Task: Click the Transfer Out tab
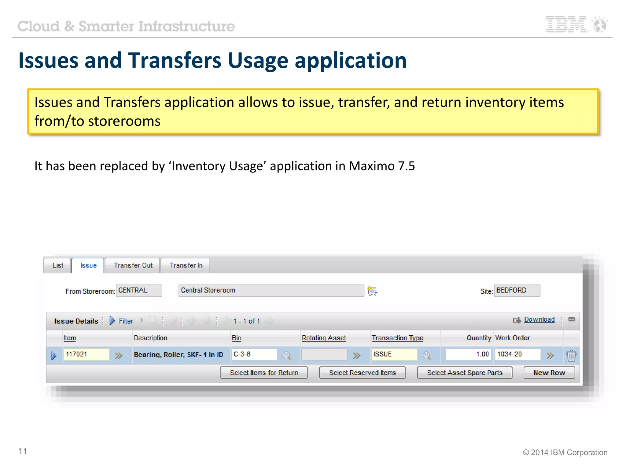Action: (x=133, y=265)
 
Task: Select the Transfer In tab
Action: (x=186, y=265)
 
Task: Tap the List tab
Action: (x=58, y=265)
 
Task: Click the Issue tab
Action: (x=88, y=265)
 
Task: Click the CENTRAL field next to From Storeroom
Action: (x=139, y=290)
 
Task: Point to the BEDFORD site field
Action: (x=517, y=290)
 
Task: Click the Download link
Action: (x=539, y=319)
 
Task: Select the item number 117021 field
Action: (x=86, y=354)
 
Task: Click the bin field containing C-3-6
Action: (x=254, y=354)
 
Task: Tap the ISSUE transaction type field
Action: (x=394, y=354)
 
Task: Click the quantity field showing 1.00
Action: (x=468, y=354)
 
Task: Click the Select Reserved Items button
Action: (x=363, y=373)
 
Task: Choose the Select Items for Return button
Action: (x=264, y=373)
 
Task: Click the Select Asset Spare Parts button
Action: (x=465, y=373)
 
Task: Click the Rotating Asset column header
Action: (x=324, y=338)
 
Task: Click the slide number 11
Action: (x=23, y=451)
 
